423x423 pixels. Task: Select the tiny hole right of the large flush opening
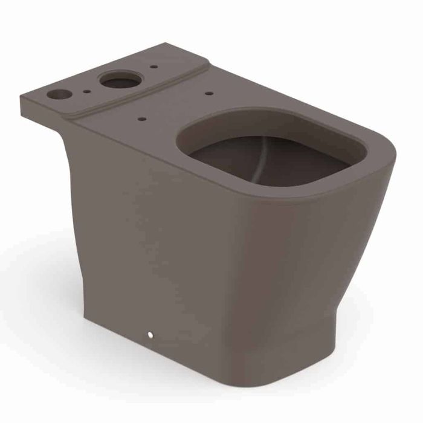[x=154, y=66]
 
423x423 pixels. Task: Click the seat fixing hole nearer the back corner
[x=210, y=93]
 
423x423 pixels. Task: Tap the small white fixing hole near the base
[x=149, y=334]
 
